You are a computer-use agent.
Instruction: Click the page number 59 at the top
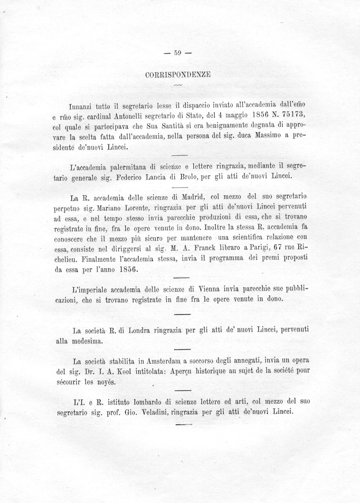179,54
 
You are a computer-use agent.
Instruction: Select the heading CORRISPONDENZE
178,75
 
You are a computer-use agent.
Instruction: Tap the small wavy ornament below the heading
178,85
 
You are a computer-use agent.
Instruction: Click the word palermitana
128,167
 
